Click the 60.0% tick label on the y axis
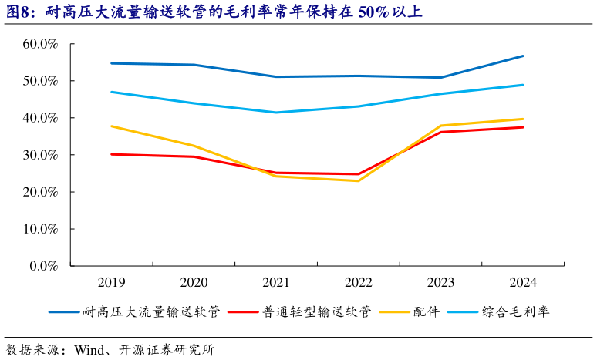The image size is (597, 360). (40, 44)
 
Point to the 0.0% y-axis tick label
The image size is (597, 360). (43, 266)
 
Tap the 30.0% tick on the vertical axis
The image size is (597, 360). (40, 155)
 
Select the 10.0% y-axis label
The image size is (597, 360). (40, 229)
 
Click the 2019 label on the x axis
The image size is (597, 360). (111, 282)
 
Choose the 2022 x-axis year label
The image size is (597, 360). (358, 282)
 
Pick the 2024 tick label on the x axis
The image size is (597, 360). (522, 282)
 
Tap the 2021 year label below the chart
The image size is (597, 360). (275, 282)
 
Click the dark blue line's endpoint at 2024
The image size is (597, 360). (523, 56)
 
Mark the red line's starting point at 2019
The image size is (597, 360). (111, 154)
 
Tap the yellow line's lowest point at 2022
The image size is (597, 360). (358, 180)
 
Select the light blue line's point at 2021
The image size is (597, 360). (275, 113)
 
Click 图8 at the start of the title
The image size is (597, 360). (19, 12)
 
